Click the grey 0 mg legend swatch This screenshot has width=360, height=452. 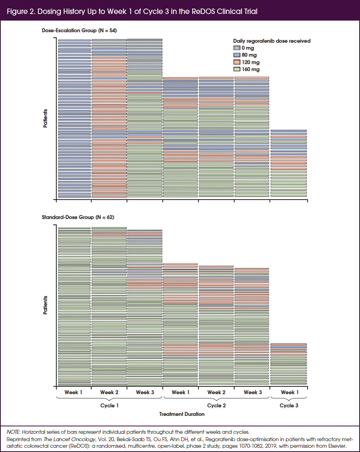237,48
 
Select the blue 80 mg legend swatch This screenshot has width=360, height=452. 237,55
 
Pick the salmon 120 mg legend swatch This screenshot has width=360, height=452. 237,62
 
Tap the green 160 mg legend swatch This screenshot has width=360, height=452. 237,70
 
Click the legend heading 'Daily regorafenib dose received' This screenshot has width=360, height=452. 271,41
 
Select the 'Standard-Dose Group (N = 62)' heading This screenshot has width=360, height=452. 78,217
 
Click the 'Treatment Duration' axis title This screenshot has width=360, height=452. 182,414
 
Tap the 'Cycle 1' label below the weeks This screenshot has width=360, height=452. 110,405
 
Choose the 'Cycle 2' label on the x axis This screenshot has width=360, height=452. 217,405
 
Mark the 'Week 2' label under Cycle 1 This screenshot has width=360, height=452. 109,392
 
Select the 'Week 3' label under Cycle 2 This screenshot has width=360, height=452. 253,392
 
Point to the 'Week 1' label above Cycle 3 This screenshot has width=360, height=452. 288,392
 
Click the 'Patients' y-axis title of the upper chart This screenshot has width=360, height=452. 45,118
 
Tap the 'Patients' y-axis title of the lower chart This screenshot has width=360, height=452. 45,305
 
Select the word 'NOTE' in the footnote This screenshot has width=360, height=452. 14,432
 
